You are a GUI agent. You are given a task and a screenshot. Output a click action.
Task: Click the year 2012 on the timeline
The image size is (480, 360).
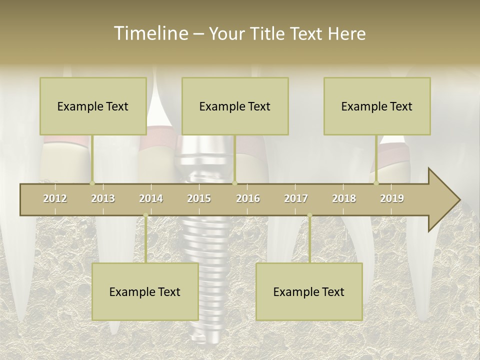(x=55, y=198)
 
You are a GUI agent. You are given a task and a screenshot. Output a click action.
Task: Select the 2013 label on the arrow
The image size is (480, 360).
(x=103, y=198)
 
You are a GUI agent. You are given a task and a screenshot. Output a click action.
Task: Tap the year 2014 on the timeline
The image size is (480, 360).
(x=151, y=198)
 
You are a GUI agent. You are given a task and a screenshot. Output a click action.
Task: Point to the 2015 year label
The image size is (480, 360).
(x=199, y=198)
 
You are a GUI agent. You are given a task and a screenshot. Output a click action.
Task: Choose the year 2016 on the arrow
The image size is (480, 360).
(x=248, y=198)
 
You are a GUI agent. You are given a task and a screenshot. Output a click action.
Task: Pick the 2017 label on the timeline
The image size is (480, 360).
(x=296, y=198)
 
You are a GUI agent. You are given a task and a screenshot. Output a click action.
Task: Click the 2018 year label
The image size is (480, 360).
(x=344, y=198)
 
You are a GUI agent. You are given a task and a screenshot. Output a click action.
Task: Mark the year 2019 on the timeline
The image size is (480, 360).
(x=392, y=198)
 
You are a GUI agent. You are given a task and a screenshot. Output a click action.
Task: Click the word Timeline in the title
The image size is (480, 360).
(x=150, y=33)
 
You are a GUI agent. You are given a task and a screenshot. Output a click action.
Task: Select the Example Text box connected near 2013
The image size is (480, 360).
(x=93, y=106)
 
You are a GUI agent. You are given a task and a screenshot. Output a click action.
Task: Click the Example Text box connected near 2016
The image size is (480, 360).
(x=235, y=106)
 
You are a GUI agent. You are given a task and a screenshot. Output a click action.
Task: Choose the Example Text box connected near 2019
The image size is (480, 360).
(x=377, y=106)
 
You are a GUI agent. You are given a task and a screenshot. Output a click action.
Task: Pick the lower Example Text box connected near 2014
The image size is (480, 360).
(x=145, y=291)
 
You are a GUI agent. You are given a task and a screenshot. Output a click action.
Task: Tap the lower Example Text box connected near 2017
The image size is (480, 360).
(x=309, y=291)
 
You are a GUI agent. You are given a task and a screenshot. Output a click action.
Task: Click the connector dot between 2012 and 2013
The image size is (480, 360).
(x=92, y=183)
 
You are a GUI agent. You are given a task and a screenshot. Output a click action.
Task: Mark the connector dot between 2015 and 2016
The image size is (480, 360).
(x=235, y=183)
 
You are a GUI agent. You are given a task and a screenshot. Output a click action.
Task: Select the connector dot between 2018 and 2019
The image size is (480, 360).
(x=376, y=183)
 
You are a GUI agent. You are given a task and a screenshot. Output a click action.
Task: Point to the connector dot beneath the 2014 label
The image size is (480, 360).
(x=145, y=215)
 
